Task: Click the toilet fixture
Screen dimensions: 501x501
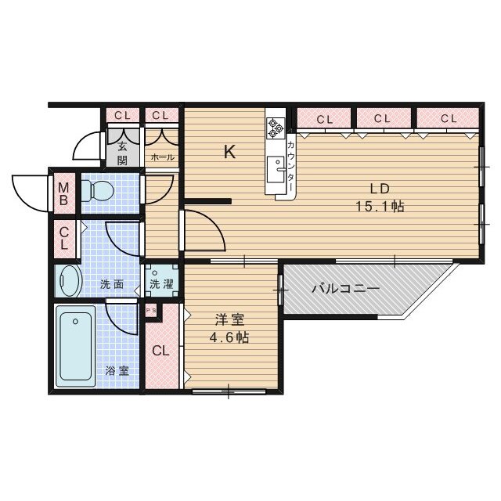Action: click(97, 191)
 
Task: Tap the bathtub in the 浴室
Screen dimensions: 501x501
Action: click(76, 346)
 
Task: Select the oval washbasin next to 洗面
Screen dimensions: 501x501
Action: click(71, 280)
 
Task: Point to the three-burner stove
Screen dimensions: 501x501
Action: click(276, 128)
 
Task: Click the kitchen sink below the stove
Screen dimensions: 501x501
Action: click(276, 169)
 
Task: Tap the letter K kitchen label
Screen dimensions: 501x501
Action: click(229, 152)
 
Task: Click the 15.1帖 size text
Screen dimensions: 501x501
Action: click(380, 207)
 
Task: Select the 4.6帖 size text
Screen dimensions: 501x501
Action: click(229, 337)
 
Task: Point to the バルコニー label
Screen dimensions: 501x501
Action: click(346, 289)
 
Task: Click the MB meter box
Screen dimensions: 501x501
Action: click(64, 193)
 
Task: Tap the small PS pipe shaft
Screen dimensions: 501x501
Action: click(151, 310)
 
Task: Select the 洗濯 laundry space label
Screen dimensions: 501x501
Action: click(162, 284)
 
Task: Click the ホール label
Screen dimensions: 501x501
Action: click(163, 157)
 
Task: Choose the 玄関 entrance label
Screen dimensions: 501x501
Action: click(123, 153)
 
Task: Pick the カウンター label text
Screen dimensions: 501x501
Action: click(290, 167)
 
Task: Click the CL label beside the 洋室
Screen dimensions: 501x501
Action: click(160, 351)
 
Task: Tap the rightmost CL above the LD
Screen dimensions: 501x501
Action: click(449, 118)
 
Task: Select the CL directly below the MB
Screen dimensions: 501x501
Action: click(64, 238)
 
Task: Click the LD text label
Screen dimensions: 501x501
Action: click(380, 189)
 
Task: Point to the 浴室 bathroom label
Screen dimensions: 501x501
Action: click(117, 371)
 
